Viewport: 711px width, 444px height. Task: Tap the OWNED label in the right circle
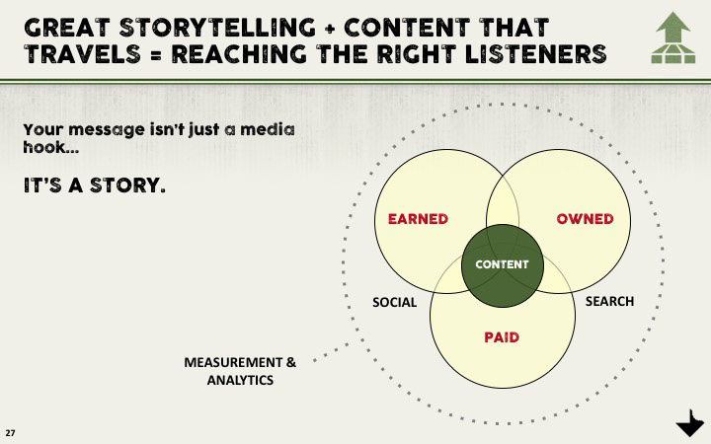[x=585, y=219]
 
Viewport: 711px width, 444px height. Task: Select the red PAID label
[x=502, y=337]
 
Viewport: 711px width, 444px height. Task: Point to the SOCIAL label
[x=394, y=302]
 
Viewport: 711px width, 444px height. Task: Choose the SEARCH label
[x=609, y=301]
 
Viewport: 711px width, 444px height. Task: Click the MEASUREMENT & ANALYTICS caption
[x=240, y=371]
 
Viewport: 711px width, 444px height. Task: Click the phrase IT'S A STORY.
[x=94, y=185]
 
